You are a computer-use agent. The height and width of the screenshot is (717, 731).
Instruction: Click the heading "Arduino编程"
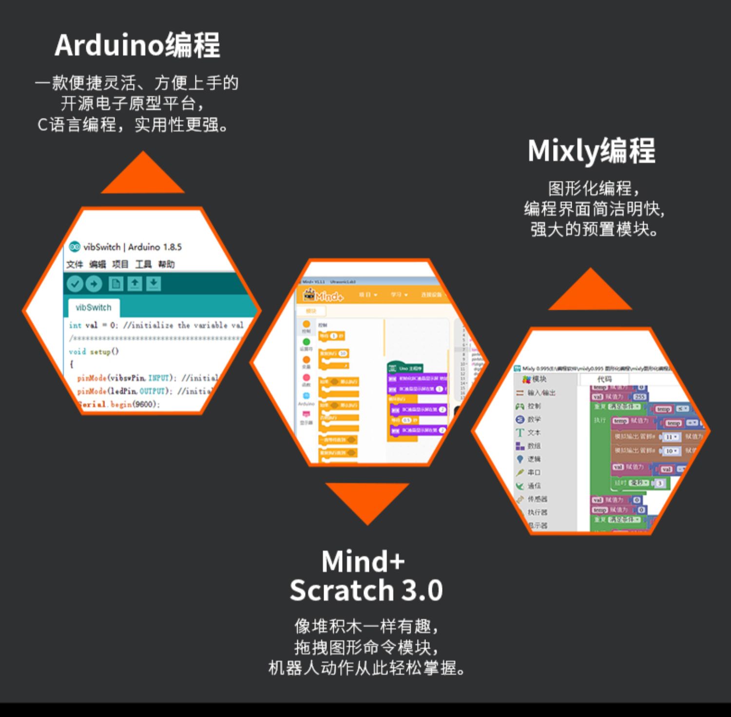[137, 45]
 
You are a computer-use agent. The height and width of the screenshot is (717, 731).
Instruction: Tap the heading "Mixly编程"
[591, 151]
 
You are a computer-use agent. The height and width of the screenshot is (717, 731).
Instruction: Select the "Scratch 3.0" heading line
[366, 590]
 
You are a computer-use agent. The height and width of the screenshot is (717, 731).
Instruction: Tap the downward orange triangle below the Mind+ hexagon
[367, 500]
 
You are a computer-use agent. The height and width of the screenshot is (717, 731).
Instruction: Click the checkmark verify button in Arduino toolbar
[75, 284]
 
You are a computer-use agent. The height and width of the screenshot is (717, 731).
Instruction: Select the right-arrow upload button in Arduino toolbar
[94, 284]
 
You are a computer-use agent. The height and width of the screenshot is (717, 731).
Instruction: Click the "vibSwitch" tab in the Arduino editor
[94, 308]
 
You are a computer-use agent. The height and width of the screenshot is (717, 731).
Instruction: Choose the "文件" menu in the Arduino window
[75, 264]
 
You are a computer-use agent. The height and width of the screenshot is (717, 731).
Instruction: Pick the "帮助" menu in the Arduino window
[166, 264]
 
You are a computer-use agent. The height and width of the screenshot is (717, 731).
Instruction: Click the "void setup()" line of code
[94, 351]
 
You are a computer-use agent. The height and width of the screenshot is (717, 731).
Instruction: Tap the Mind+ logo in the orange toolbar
[324, 295]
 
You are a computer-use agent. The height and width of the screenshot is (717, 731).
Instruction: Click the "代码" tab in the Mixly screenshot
[604, 379]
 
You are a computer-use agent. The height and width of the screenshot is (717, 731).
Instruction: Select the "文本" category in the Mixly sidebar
[534, 432]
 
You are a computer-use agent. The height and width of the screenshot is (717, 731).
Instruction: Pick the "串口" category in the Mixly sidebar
[534, 472]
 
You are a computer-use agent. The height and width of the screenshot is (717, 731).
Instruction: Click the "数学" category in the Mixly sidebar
[534, 419]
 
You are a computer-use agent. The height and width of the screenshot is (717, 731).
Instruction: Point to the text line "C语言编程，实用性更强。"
[133, 125]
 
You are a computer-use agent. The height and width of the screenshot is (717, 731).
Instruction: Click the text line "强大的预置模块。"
[594, 229]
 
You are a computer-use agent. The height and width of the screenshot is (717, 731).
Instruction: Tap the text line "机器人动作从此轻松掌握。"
[366, 668]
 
